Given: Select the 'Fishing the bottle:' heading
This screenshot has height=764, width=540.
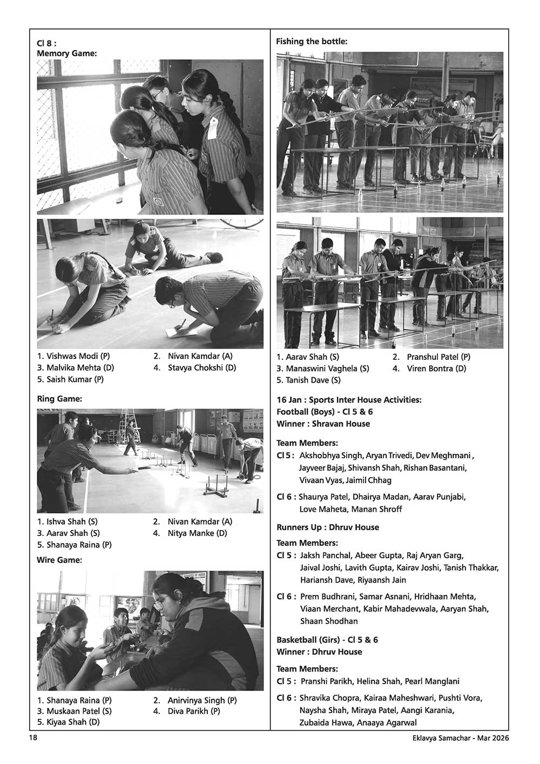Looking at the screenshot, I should point(312,41).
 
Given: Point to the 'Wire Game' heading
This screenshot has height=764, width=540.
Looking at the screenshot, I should point(59,560).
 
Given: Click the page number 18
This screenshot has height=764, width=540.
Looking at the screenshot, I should point(33,738).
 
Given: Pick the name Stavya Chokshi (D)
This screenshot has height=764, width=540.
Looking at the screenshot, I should point(202,368).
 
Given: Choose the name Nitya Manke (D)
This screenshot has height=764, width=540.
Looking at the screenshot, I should point(197,533).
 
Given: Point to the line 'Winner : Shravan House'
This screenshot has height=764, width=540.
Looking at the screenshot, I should point(323,424).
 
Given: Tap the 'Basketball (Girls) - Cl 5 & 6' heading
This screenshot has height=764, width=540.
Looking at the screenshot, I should point(327,640).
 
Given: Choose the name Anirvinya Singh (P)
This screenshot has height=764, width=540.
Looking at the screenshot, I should point(202,700).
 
